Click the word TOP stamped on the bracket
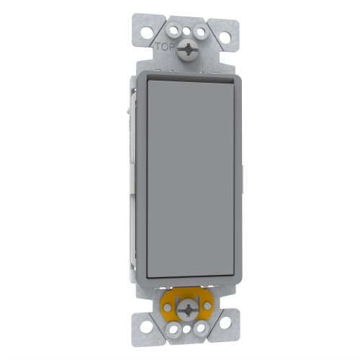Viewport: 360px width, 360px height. coord(164,45)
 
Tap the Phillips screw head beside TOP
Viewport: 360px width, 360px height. coord(188,49)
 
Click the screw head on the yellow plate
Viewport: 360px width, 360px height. coord(189,310)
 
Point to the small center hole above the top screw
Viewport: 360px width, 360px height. coord(186,31)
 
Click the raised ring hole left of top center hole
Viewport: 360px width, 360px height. coord(174,30)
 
